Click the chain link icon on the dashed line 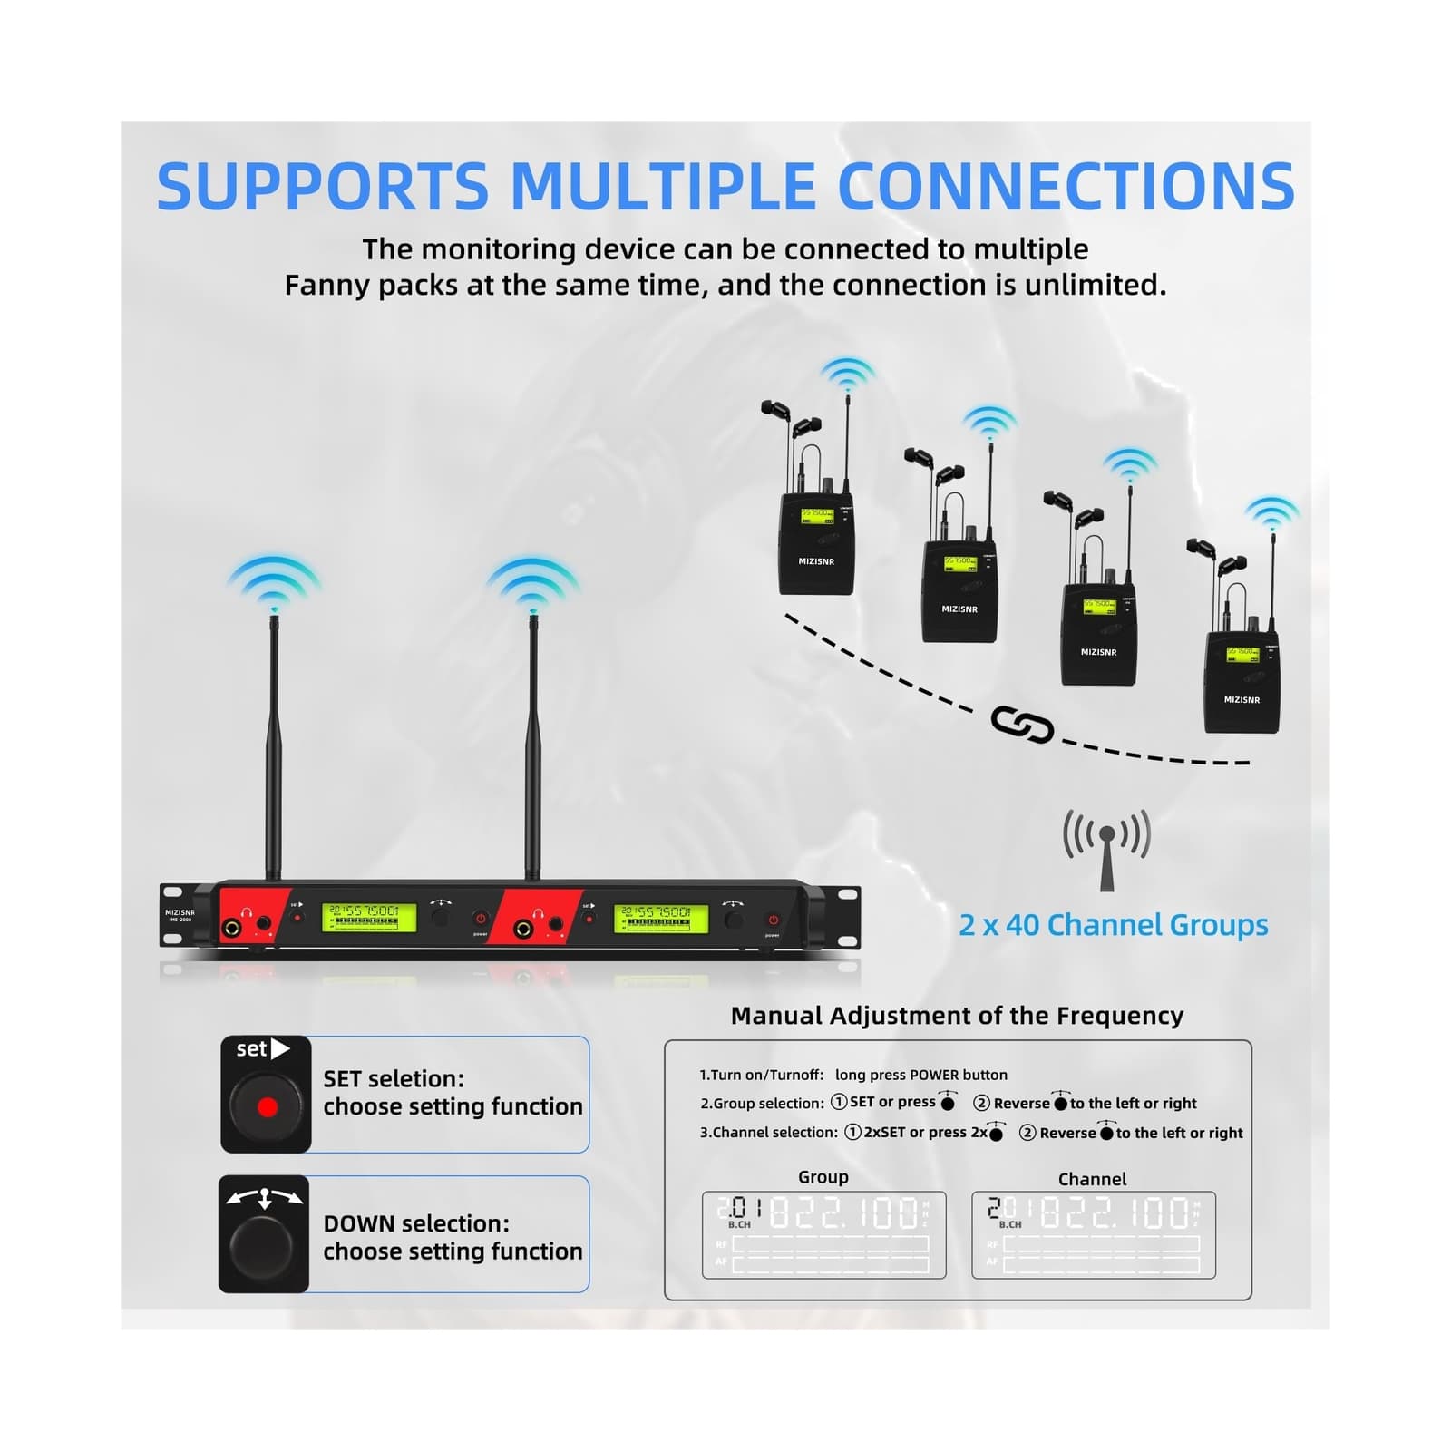1022,725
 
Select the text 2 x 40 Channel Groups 1113,925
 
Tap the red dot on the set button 267,1107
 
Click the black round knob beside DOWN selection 263,1247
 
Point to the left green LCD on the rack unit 368,918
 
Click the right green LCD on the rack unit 660,918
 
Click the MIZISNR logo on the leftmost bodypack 816,561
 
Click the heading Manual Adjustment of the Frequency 957,1016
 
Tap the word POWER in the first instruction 933,1075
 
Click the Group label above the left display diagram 823,1177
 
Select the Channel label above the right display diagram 1092,1179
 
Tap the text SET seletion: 394,1078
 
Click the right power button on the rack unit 773,920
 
